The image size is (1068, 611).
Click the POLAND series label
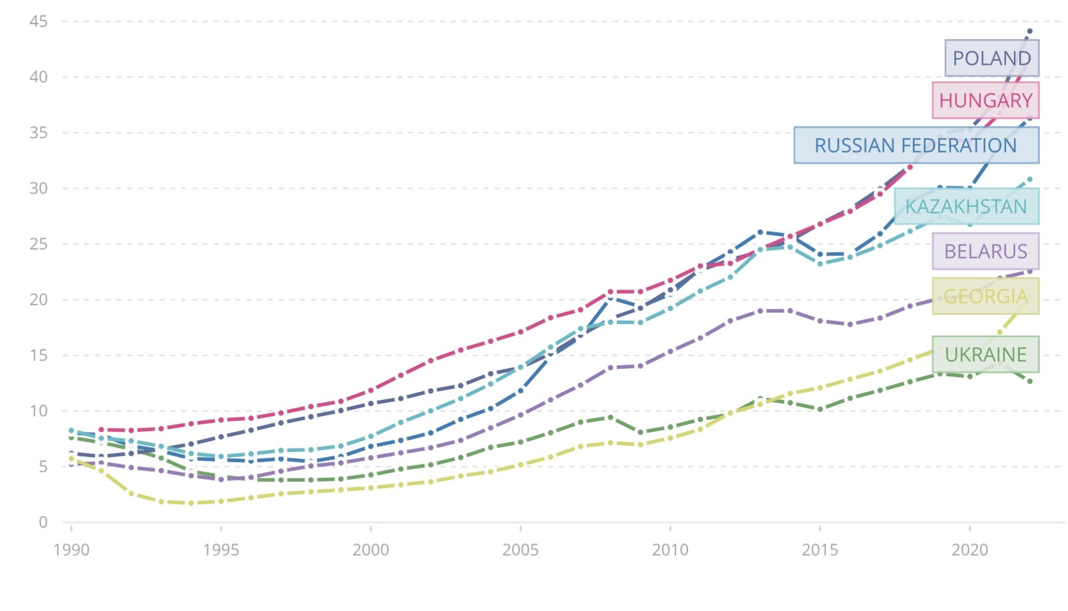pos(991,58)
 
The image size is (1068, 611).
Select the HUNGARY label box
pos(985,100)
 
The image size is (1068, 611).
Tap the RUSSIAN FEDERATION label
pos(916,145)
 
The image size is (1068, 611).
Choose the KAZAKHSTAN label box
pos(966,206)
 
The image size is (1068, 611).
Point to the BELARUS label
pos(985,251)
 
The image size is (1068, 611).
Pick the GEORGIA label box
pos(985,296)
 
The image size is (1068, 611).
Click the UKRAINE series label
pos(985,354)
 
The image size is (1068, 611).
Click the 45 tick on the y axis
pos(38,22)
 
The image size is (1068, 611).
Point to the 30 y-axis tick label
pos(38,188)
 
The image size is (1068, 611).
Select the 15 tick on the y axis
pos(38,355)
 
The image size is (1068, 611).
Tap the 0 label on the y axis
pos(43,522)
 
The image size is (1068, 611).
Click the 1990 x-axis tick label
pos(71,550)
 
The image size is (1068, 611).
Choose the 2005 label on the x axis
pos(520,550)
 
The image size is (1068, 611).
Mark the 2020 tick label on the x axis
pos(969,550)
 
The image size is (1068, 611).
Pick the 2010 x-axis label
pos(670,550)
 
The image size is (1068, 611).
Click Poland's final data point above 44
pos(1030,31)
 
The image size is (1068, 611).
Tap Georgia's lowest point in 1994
pos(191,503)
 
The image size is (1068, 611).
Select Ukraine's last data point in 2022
pos(1030,381)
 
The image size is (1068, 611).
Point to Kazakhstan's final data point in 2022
pos(1030,179)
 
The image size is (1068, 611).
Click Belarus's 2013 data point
pos(760,311)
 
